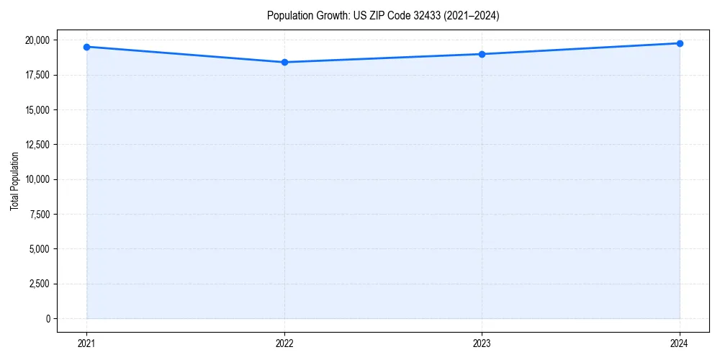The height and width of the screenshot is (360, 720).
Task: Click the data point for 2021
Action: [x=86, y=47]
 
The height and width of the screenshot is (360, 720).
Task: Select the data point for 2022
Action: [x=284, y=62]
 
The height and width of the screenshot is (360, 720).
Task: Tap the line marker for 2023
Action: [x=482, y=54]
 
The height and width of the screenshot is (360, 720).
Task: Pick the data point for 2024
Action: [x=680, y=43]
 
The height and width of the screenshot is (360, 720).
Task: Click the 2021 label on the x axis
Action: [x=86, y=343]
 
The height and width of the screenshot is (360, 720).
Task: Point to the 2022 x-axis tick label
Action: [x=284, y=343]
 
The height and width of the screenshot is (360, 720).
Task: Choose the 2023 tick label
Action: [x=482, y=343]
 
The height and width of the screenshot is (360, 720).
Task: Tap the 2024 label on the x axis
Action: [x=680, y=343]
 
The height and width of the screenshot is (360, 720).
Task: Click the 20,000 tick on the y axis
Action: [x=38, y=40]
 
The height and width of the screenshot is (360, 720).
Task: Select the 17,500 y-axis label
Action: [x=38, y=75]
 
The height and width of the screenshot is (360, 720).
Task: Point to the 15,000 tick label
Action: [x=38, y=110]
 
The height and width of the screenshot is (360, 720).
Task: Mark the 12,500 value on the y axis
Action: [x=38, y=145]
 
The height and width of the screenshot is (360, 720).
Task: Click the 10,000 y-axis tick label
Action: [x=38, y=179]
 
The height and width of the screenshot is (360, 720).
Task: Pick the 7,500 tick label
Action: [x=41, y=215]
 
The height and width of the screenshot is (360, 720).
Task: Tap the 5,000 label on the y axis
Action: [x=41, y=249]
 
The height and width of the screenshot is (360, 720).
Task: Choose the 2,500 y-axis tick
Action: [x=41, y=284]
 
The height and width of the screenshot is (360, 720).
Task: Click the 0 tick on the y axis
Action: [x=48, y=318]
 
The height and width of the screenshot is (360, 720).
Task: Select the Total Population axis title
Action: [x=14, y=181]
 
